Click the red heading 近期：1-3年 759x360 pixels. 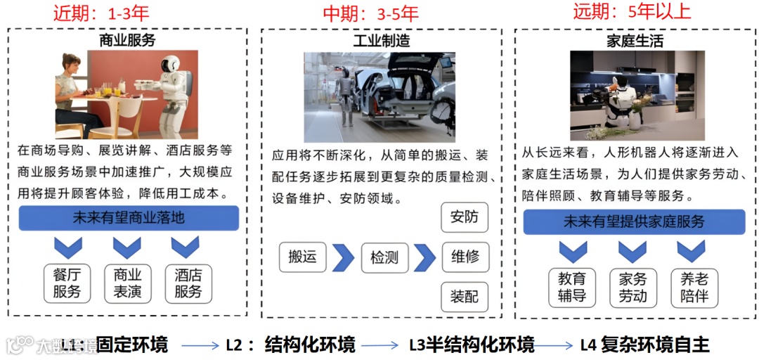(101, 13)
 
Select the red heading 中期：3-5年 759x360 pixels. (370, 13)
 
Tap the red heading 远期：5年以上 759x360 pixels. (632, 11)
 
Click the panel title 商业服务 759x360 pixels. (127, 40)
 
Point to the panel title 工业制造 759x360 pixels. (381, 41)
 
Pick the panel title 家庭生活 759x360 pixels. (635, 41)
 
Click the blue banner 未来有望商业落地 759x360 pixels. (129, 218)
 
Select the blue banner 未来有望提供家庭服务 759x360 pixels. (634, 221)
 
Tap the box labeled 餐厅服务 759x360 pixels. (67, 283)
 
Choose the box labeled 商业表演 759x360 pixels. (127, 283)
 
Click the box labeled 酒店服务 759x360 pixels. (188, 283)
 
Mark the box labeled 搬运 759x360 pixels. (302, 257)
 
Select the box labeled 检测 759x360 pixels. (384, 257)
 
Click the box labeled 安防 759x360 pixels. (465, 217)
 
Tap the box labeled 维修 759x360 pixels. (465, 257)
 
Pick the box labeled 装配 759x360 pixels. (465, 297)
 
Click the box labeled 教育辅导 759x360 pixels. (572, 287)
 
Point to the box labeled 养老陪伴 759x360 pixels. (694, 287)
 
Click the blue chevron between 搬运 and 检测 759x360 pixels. (343, 257)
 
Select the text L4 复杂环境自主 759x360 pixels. (644, 345)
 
